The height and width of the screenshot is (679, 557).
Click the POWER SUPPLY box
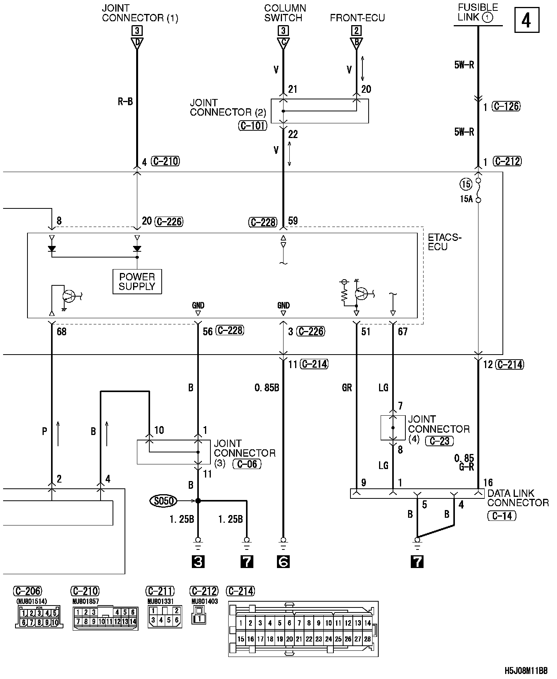[137, 281]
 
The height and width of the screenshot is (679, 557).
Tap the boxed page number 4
[526, 20]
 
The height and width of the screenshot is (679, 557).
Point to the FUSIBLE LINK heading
[477, 12]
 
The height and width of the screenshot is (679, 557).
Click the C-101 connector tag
[253, 125]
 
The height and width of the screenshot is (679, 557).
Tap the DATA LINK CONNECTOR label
[518, 498]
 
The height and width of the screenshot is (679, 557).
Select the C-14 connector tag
[502, 516]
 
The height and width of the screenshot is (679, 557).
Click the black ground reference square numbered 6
[283, 562]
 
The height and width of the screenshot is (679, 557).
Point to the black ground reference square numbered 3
[198, 562]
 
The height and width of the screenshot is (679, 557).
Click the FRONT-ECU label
[357, 18]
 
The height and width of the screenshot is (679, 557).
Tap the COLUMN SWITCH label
[285, 13]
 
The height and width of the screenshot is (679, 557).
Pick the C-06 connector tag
[247, 464]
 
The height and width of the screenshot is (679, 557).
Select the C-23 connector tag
[439, 441]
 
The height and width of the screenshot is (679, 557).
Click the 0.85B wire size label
[267, 388]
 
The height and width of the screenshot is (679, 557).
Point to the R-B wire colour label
[125, 102]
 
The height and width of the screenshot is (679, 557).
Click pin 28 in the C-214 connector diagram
[367, 639]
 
